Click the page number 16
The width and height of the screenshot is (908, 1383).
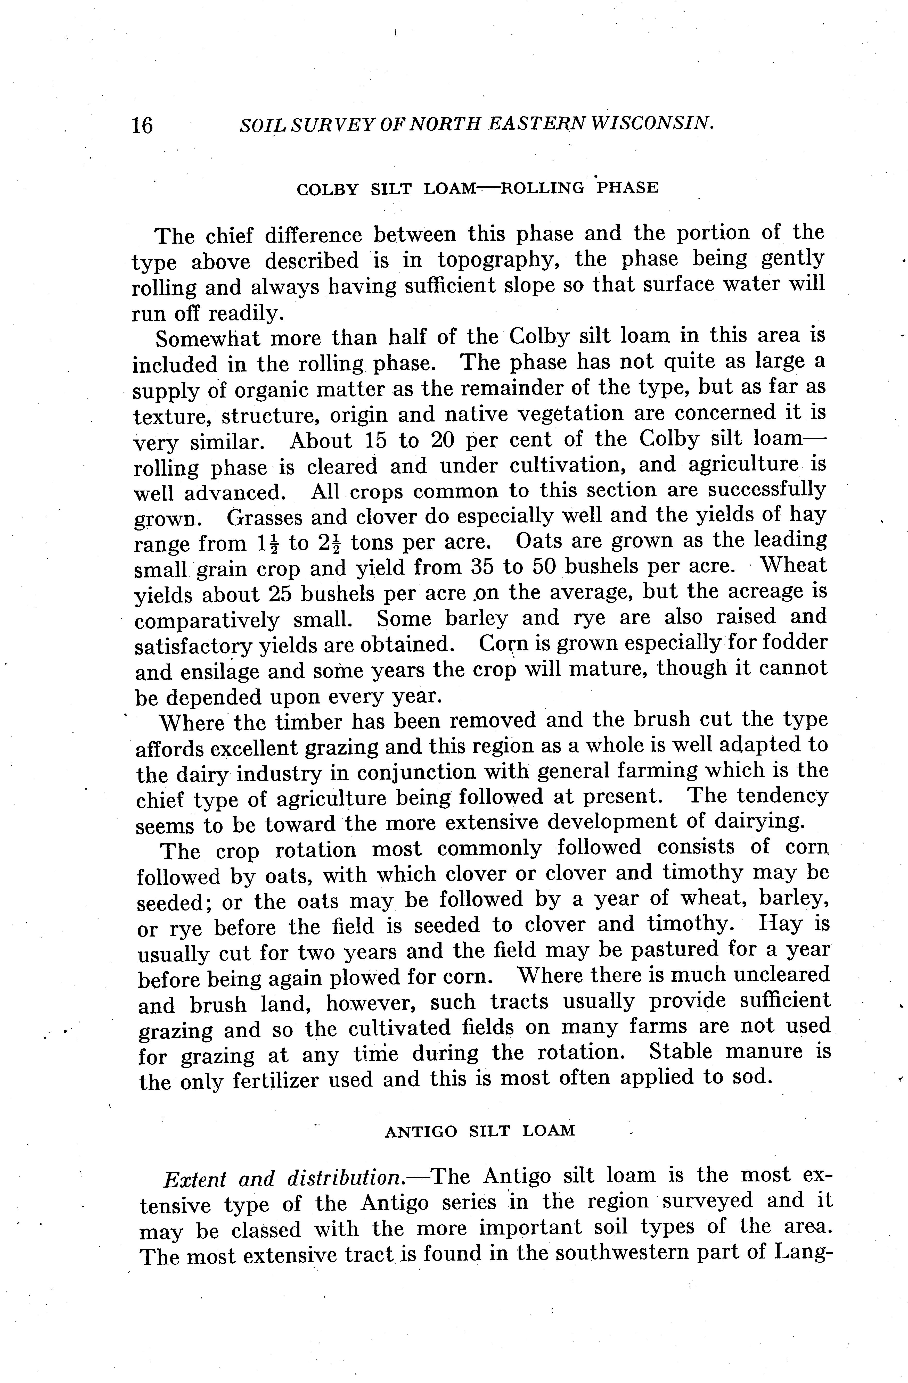pos(142,125)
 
